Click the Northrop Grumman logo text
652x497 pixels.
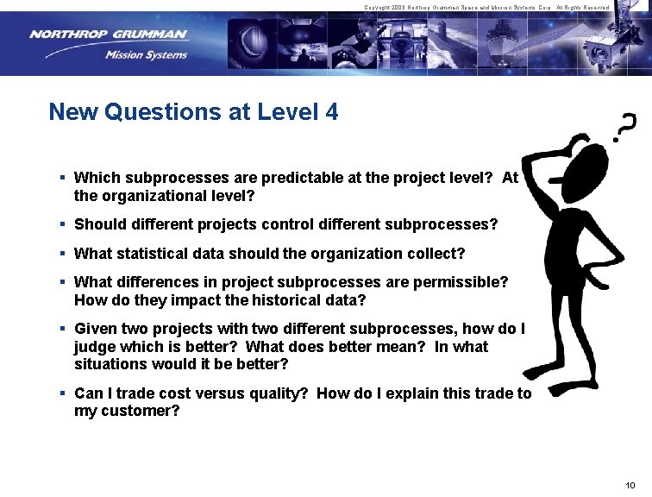click(x=107, y=35)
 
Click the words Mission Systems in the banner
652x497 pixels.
click(x=146, y=55)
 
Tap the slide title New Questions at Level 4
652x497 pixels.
click(x=193, y=111)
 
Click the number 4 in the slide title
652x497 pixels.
click(x=332, y=111)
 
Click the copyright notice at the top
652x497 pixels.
click(x=486, y=7)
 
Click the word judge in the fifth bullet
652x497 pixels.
click(x=94, y=347)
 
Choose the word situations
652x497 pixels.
click(x=109, y=364)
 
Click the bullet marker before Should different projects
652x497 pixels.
click(x=63, y=224)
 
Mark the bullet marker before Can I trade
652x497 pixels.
click(x=63, y=393)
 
